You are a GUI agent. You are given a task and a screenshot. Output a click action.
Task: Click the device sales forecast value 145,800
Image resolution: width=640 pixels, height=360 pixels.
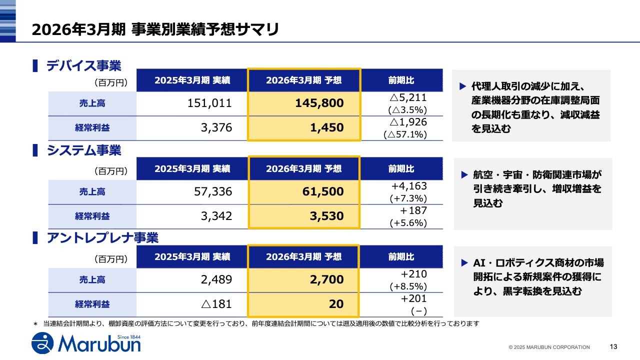pos(319,103)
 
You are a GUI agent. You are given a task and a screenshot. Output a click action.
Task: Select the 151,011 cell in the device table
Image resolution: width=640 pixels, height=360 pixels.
pos(210,103)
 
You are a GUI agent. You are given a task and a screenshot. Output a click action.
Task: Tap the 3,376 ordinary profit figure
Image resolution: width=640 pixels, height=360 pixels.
pos(216,127)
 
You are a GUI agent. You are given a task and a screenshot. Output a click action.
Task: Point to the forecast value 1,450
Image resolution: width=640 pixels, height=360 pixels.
pos(327,127)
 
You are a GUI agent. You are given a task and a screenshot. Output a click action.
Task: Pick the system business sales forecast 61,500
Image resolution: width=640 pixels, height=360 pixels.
pos(323,191)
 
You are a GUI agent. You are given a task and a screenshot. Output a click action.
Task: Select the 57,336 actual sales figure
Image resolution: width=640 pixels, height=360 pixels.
pos(213,191)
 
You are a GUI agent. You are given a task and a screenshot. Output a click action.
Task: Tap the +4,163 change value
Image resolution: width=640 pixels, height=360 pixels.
pos(408,186)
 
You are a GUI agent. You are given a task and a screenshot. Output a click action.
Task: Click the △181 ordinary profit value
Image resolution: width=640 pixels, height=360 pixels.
pos(216,304)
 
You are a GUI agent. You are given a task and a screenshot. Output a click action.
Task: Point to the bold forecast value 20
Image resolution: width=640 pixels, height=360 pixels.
pos(337,304)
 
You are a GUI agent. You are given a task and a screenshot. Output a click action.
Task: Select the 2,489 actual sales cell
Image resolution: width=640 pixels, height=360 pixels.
pos(216,279)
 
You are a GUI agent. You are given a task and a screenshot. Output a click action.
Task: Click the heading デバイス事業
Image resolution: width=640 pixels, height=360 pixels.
pos(83,65)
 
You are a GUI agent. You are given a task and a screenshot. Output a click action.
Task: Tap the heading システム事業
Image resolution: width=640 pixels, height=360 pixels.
pos(83,150)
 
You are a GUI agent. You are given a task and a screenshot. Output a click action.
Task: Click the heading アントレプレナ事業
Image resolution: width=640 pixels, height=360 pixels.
pos(102,238)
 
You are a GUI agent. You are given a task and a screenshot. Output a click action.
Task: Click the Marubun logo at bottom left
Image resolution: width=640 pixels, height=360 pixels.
pos(86,343)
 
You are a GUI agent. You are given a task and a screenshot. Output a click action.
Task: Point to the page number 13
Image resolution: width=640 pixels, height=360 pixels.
pos(614,346)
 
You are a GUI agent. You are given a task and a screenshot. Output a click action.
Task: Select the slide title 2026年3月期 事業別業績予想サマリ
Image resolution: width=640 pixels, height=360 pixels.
pos(155,29)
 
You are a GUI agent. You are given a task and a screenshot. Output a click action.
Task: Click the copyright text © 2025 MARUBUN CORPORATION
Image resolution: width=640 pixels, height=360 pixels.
pos(549,347)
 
